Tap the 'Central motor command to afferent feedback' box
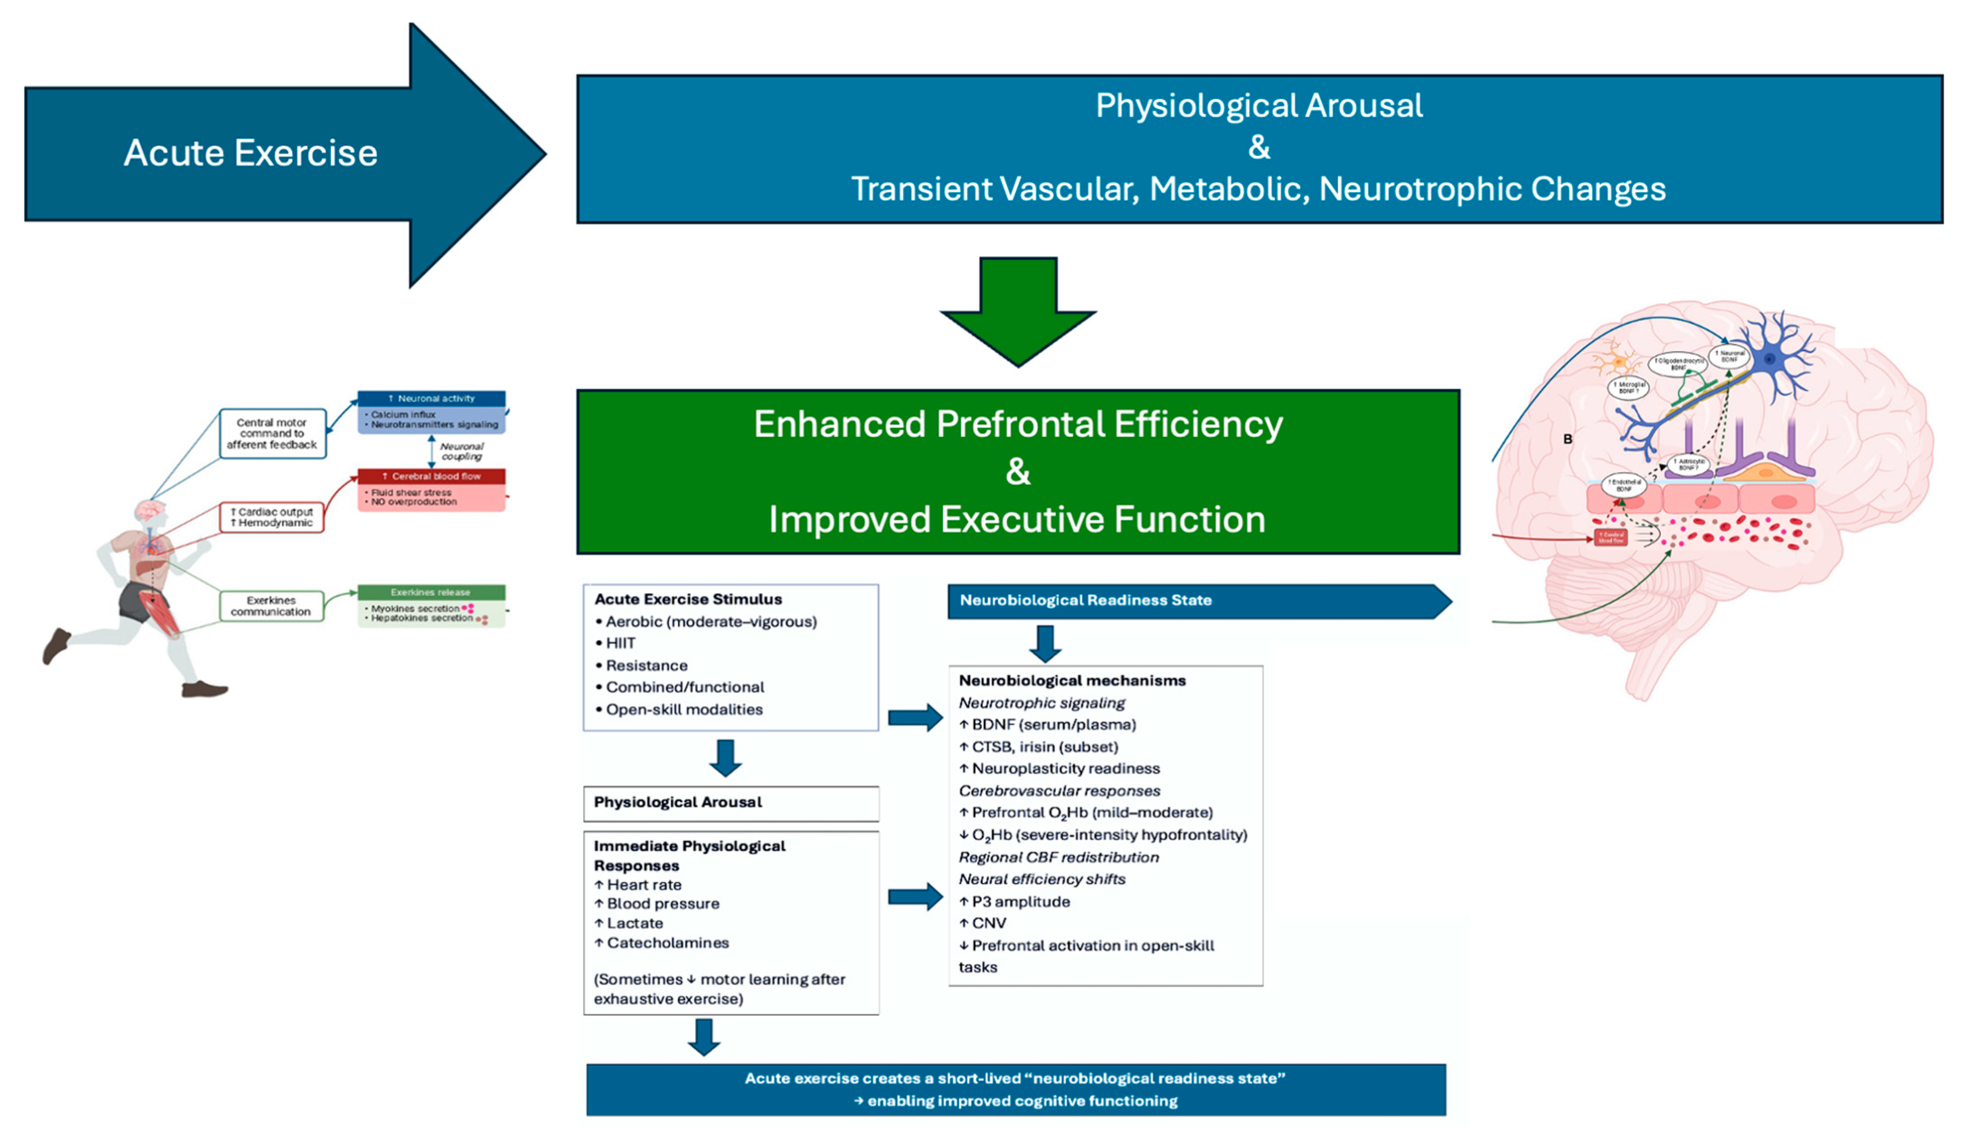(272, 434)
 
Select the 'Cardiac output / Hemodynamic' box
(272, 518)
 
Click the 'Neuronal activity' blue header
(431, 398)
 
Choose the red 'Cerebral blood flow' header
(431, 476)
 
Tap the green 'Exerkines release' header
(431, 593)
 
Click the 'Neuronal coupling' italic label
(461, 451)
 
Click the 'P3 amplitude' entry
(1021, 902)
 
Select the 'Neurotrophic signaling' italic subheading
(1042, 703)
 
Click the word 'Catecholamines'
(668, 943)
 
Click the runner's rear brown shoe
(56, 646)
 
